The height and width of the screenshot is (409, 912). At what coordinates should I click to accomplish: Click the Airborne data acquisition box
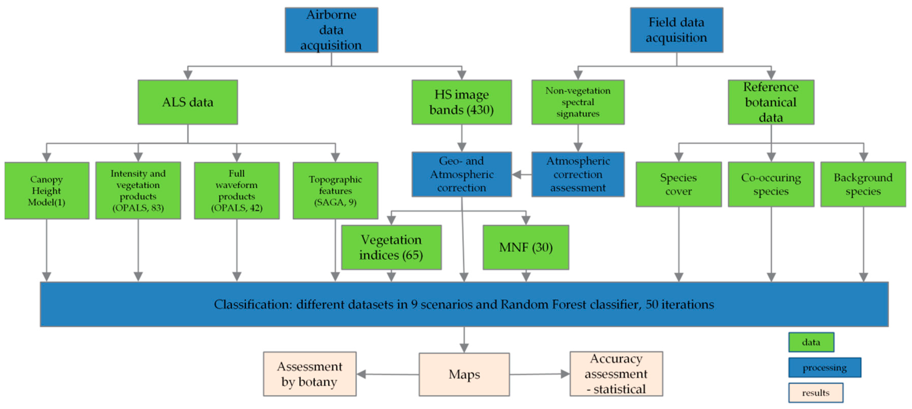(331, 30)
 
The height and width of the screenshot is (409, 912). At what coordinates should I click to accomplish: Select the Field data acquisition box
(676, 30)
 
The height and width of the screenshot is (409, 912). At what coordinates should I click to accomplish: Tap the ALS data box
(188, 102)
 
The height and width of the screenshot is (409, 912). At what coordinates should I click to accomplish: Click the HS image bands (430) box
(461, 102)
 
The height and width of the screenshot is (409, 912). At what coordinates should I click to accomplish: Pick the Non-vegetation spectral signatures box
(578, 102)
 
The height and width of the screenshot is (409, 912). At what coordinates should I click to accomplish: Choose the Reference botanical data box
(771, 102)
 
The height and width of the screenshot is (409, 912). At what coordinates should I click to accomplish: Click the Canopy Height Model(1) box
(47, 191)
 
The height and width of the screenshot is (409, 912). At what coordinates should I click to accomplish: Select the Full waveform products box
(236, 191)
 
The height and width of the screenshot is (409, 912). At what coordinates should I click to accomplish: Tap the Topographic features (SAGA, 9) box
(335, 191)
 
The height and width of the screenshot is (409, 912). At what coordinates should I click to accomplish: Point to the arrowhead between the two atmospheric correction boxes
(517, 174)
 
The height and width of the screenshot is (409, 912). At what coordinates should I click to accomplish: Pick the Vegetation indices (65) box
(391, 247)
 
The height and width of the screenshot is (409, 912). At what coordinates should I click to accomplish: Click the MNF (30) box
(526, 247)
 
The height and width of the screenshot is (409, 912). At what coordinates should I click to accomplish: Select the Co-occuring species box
(771, 184)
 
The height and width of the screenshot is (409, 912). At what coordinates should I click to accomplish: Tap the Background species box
(863, 184)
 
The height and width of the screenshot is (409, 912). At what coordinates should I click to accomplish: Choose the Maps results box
(464, 374)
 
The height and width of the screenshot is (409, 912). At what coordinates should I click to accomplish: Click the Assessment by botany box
(310, 374)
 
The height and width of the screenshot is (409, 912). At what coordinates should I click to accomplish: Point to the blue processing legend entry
(824, 368)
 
